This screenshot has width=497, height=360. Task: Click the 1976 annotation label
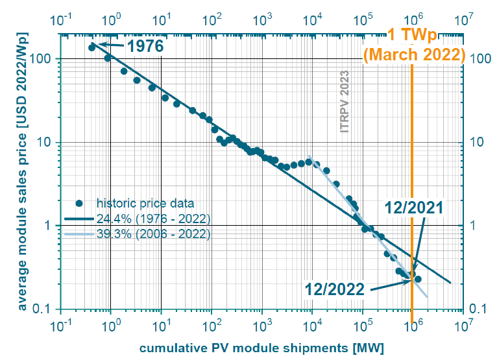[145, 46]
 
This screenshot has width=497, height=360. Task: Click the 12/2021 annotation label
[413, 208]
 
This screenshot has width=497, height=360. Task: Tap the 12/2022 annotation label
[335, 289]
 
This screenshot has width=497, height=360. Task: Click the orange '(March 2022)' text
[413, 54]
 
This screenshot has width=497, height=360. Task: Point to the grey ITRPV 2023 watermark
[345, 102]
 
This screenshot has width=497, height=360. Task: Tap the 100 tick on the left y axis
[43, 59]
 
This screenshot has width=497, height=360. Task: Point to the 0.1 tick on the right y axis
[479, 309]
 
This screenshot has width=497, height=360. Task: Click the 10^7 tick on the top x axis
[463, 19]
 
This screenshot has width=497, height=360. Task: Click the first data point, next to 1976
[91, 47]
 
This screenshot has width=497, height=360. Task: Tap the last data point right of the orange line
[418, 279]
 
